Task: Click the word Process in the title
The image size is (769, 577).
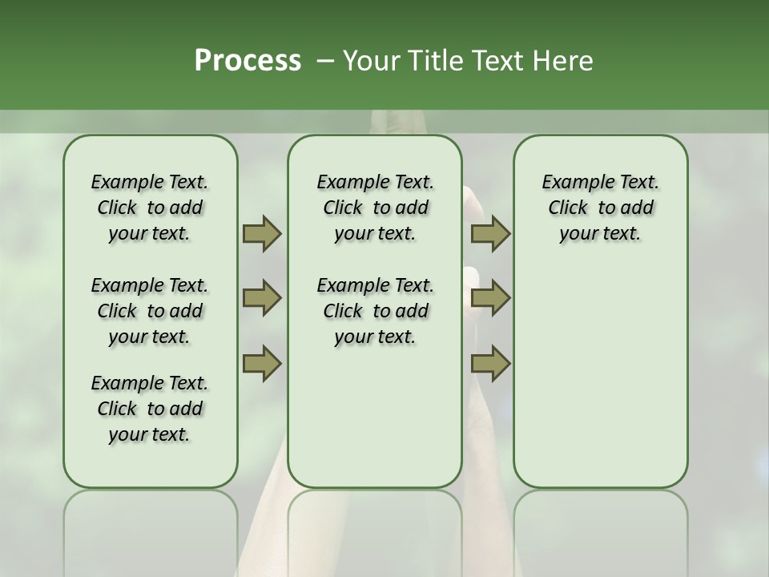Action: [x=248, y=61]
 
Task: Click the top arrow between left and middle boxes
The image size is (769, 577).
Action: [x=262, y=233]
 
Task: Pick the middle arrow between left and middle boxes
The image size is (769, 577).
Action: [x=262, y=298]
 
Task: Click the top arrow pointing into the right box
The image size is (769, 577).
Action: [x=490, y=233]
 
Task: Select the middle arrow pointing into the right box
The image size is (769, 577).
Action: [x=490, y=298]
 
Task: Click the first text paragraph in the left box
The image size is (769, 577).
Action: [x=150, y=208]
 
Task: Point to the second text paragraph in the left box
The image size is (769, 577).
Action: [x=150, y=311]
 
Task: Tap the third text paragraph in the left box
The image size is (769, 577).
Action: [x=150, y=409]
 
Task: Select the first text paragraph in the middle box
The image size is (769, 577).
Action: [x=375, y=208]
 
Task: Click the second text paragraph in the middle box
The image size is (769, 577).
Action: [x=375, y=311]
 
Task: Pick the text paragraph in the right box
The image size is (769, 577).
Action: [x=600, y=208]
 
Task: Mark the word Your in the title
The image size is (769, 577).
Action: [x=370, y=61]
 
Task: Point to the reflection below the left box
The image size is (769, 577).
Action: [x=151, y=529]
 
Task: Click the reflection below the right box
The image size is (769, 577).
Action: [x=601, y=529]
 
